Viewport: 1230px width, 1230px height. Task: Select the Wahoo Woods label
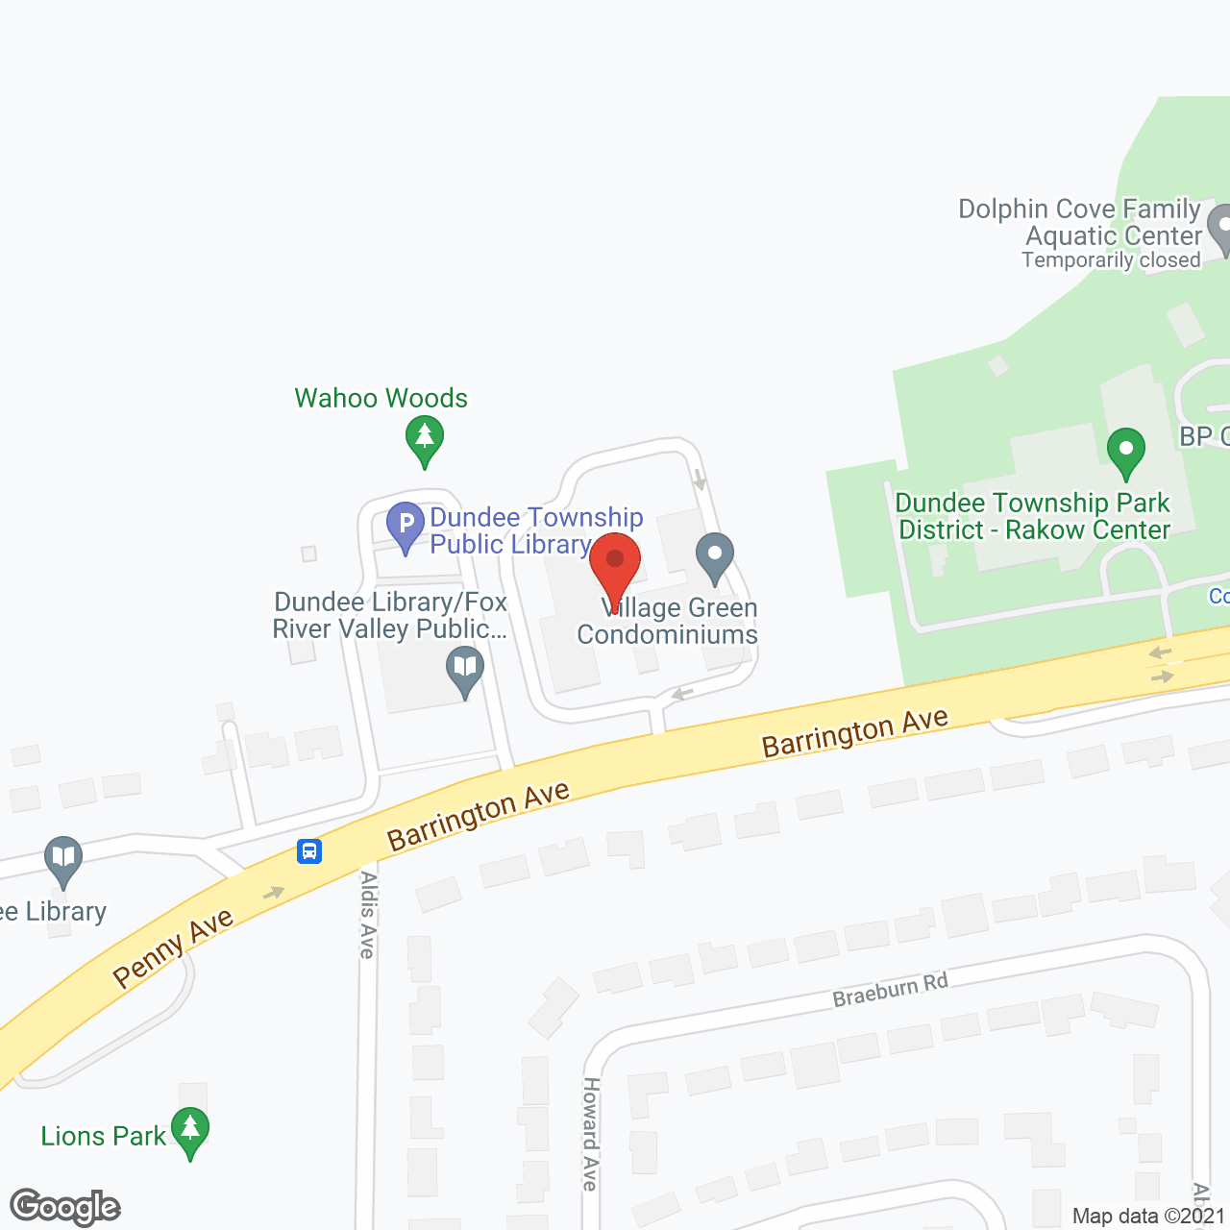click(381, 398)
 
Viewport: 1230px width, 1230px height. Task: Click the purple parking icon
click(406, 525)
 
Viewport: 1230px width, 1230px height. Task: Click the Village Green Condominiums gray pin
click(715, 557)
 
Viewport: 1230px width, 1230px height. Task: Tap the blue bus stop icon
click(309, 850)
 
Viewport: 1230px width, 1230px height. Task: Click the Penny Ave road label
click(173, 947)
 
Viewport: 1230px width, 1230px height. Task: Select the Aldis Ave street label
click(367, 914)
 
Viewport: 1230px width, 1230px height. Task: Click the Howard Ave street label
click(590, 1134)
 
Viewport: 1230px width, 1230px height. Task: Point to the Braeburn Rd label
click(890, 990)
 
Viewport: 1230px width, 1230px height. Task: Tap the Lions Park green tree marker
click(190, 1131)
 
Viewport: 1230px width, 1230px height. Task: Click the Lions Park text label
click(104, 1136)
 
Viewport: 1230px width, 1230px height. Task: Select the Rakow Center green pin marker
click(1125, 452)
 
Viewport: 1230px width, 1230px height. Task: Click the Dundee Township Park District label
click(1033, 516)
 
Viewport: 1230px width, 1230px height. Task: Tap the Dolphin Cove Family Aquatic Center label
click(1080, 222)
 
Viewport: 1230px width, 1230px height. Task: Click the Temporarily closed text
click(1111, 260)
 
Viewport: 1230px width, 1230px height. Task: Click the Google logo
click(65, 1207)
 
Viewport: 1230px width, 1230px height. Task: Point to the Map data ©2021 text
click(1148, 1216)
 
